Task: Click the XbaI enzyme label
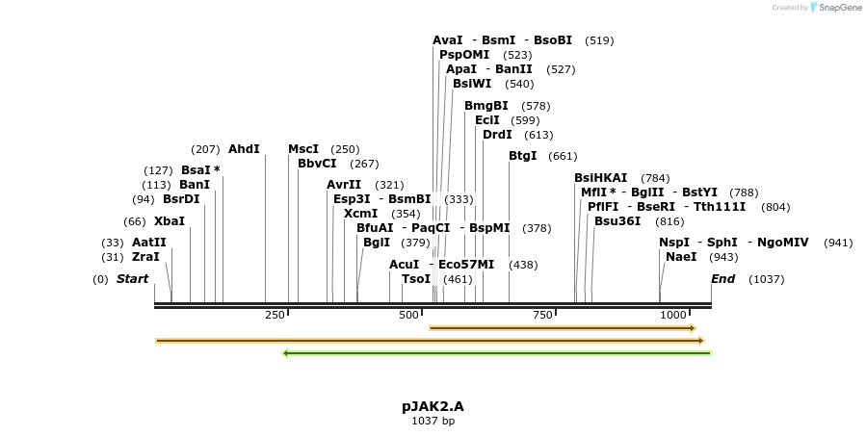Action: (x=170, y=221)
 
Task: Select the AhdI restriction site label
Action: (x=244, y=149)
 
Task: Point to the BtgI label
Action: (x=522, y=156)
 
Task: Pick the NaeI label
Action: (x=681, y=257)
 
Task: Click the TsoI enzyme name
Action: (x=416, y=279)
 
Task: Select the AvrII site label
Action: (x=344, y=185)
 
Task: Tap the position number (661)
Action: (x=563, y=157)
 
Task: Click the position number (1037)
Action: (x=767, y=279)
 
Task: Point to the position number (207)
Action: (x=205, y=149)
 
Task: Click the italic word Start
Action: (x=132, y=279)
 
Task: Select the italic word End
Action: (x=722, y=279)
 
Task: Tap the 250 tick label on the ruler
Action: (x=275, y=315)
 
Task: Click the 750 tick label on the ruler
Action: (x=542, y=315)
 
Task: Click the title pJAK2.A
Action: (x=433, y=407)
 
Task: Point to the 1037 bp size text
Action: (x=433, y=422)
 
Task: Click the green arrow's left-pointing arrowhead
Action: (x=285, y=353)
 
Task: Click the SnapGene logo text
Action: (x=839, y=7)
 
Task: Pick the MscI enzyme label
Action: (x=303, y=149)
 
